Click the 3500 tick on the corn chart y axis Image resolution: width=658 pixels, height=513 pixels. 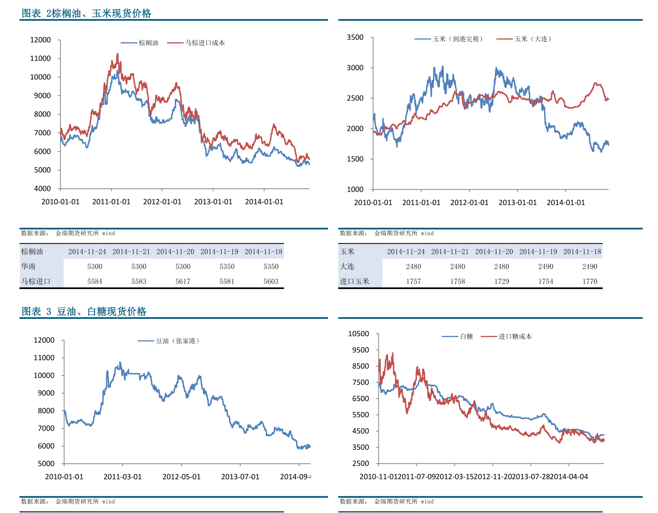[355, 37]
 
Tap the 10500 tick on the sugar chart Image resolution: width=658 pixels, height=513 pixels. [358, 334]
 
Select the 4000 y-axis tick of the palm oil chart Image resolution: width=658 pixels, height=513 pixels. [42, 189]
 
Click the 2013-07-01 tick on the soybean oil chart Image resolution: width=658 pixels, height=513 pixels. [240, 477]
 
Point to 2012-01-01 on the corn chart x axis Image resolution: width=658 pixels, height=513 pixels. [469, 202]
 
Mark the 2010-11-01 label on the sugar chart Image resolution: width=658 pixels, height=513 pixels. [378, 477]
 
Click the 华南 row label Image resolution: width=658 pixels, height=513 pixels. [29, 266]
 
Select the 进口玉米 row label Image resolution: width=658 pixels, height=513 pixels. [355, 281]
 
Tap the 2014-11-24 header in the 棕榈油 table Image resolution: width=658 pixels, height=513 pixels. [87, 251]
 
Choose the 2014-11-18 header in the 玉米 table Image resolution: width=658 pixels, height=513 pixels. [582, 251]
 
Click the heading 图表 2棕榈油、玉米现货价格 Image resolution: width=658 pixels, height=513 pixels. [86, 13]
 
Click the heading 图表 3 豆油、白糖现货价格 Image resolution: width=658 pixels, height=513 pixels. [84, 311]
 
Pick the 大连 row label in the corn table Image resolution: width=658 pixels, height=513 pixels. [347, 266]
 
